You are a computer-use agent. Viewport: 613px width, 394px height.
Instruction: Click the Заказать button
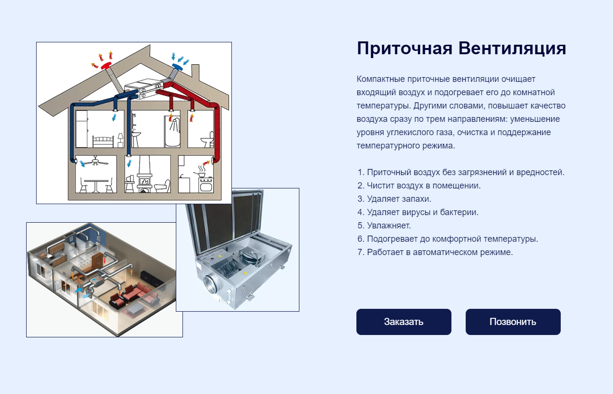[403, 322]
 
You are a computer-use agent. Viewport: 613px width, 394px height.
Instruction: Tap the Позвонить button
[513, 322]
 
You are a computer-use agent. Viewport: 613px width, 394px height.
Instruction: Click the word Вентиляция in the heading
[512, 49]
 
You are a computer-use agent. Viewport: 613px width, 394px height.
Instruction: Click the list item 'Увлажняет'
[388, 226]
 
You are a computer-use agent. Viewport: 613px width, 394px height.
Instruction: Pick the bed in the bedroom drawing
[104, 141]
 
